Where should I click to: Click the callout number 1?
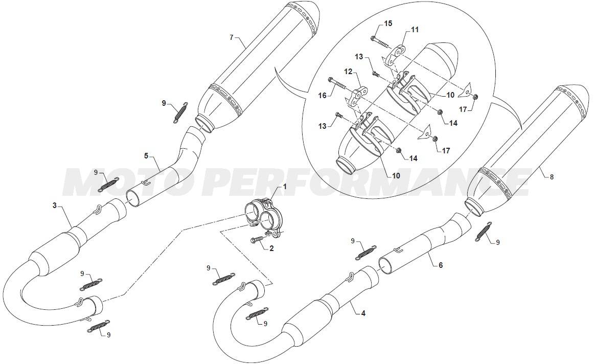point(285,187)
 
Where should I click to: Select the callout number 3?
point(55,206)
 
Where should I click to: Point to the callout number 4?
point(363,313)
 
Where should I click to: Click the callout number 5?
point(146,155)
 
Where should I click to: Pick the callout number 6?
point(441,265)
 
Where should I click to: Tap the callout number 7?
point(232,37)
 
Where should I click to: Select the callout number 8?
point(552,176)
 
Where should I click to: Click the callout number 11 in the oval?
point(415,30)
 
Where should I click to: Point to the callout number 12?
point(348,72)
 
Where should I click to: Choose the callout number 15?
point(388,24)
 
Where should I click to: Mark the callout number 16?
point(323,96)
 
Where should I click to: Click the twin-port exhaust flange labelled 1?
point(264,219)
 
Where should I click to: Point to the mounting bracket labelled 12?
point(357,97)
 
